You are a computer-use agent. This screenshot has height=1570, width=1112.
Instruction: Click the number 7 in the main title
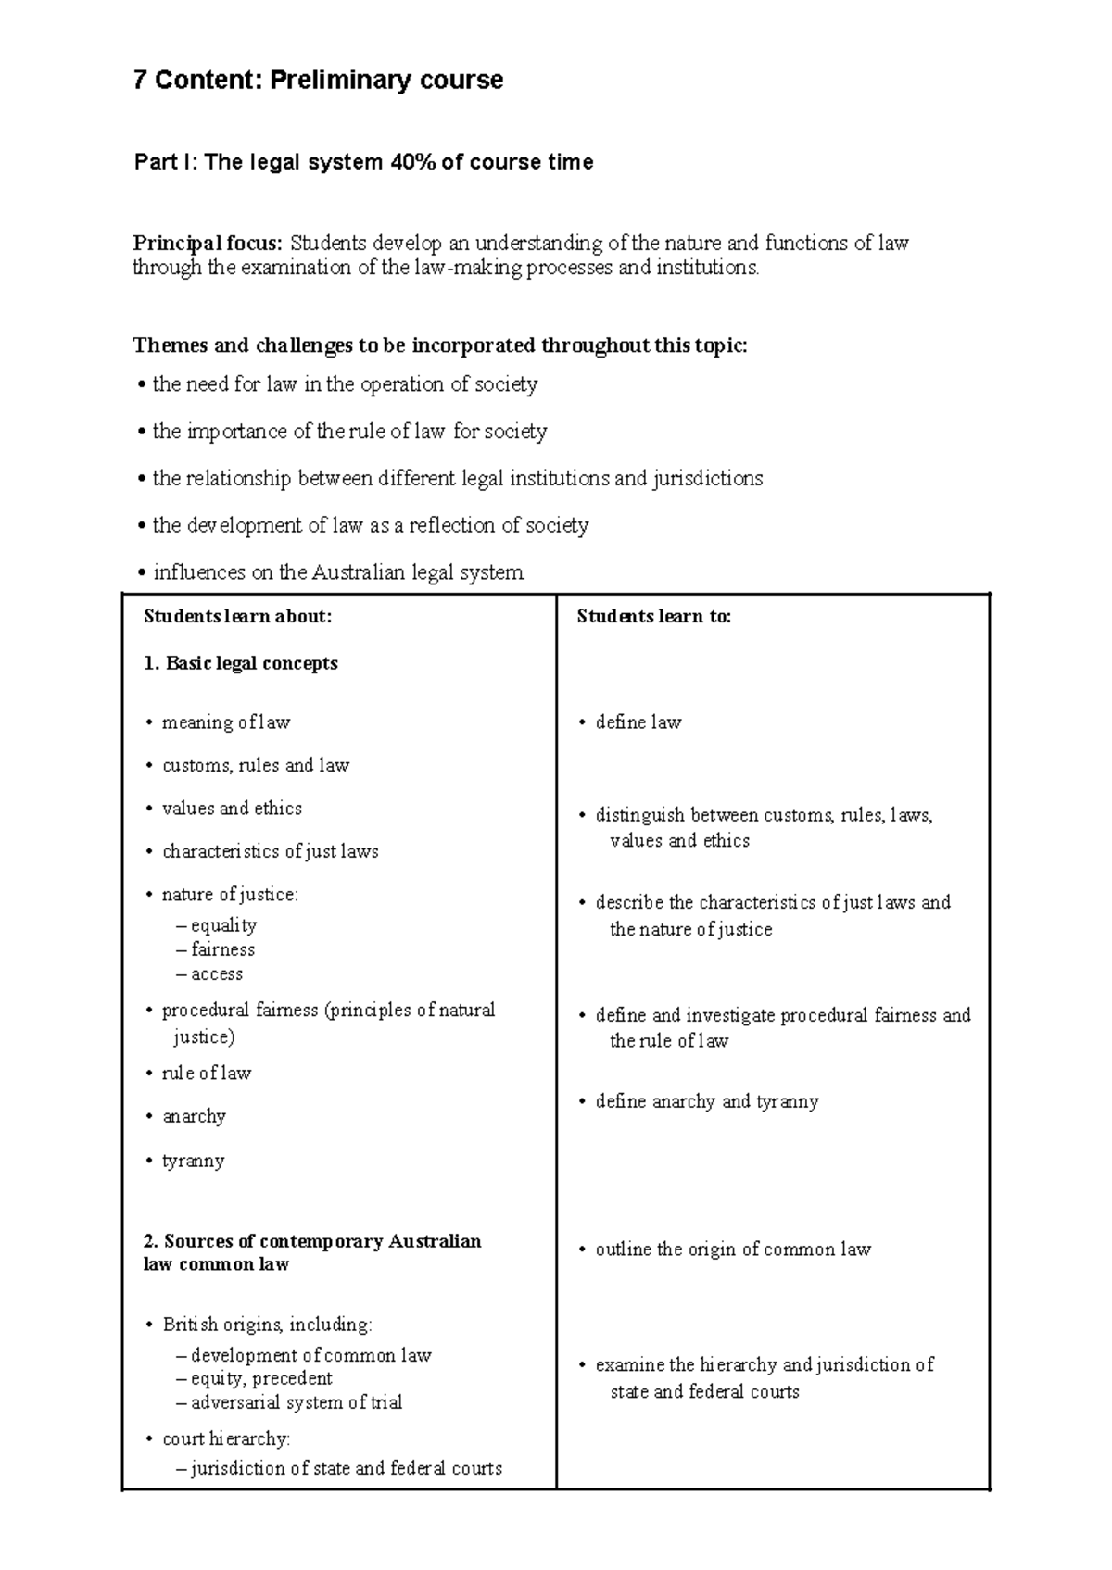pyautogui.click(x=139, y=81)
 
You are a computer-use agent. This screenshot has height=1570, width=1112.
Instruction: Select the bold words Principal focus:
pyautogui.click(x=208, y=244)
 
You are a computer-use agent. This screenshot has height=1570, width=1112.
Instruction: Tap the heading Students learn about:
pyautogui.click(x=237, y=617)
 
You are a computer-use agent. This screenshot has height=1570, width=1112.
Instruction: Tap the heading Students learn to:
pyautogui.click(x=653, y=617)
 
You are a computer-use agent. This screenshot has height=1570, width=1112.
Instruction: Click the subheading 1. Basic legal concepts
pyautogui.click(x=241, y=664)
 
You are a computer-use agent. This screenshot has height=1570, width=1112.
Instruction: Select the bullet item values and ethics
pyautogui.click(x=232, y=809)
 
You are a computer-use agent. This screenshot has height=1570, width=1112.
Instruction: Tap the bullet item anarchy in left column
pyautogui.click(x=194, y=1117)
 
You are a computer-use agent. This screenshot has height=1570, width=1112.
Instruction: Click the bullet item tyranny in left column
pyautogui.click(x=193, y=1162)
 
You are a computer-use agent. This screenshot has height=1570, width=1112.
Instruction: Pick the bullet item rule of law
pyautogui.click(x=206, y=1074)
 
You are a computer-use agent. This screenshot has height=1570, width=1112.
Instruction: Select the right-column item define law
pyautogui.click(x=638, y=722)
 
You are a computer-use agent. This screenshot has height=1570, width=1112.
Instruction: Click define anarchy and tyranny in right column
pyautogui.click(x=706, y=1102)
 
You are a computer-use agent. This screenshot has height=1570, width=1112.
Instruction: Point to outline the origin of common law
pyautogui.click(x=732, y=1250)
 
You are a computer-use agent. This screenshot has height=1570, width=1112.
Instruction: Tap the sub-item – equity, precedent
pyautogui.click(x=254, y=1378)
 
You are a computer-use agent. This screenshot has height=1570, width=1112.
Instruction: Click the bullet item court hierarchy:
pyautogui.click(x=225, y=1438)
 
